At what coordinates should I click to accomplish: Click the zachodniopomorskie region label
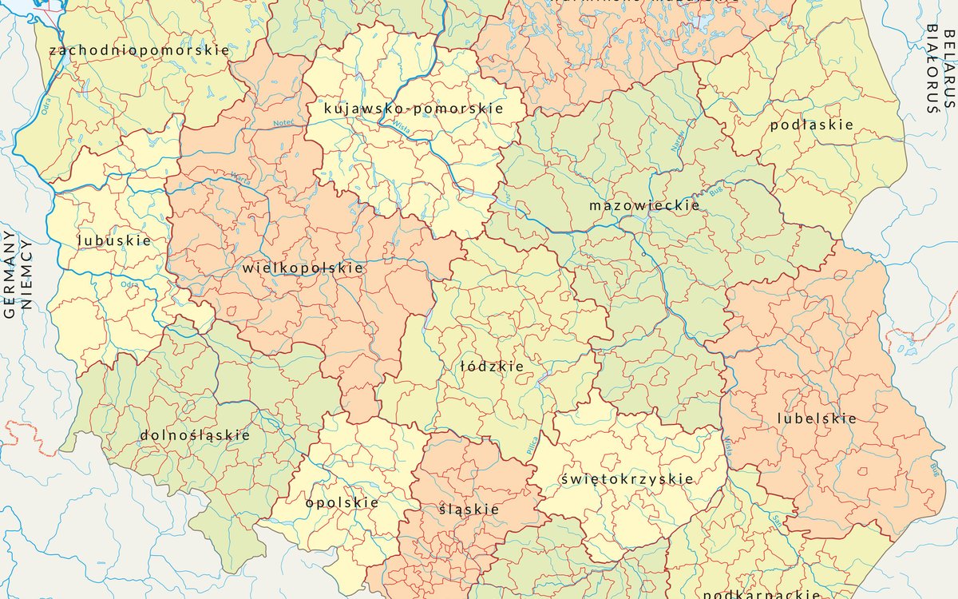[139, 50]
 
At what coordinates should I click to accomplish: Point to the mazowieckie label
[644, 205]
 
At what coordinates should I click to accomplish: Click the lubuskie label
[114, 240]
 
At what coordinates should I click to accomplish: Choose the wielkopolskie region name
[303, 268]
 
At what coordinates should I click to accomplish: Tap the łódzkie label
[493, 367]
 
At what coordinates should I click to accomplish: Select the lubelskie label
[817, 419]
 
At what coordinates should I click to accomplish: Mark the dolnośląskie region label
[195, 435]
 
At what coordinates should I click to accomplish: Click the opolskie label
[342, 502]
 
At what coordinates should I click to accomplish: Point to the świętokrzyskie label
[627, 478]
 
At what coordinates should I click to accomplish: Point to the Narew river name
[680, 142]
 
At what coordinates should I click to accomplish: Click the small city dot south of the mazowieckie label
[643, 254]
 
